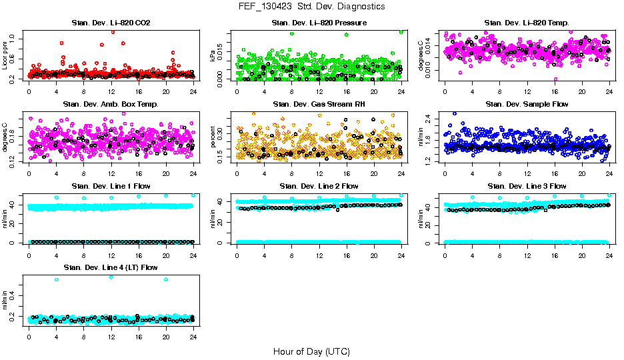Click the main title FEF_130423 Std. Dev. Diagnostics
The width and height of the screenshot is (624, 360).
pos(311,6)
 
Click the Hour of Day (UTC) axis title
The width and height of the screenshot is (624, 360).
pos(311,351)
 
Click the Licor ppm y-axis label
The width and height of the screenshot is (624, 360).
pos(5,55)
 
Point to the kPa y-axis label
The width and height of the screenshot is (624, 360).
pos(213,55)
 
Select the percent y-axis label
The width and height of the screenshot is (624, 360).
pos(213,137)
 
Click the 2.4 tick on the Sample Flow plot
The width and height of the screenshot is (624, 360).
pos(431,119)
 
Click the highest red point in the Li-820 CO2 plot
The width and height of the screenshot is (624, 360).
pos(113,31)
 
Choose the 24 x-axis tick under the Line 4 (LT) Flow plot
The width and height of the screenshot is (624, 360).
pos(193,337)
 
